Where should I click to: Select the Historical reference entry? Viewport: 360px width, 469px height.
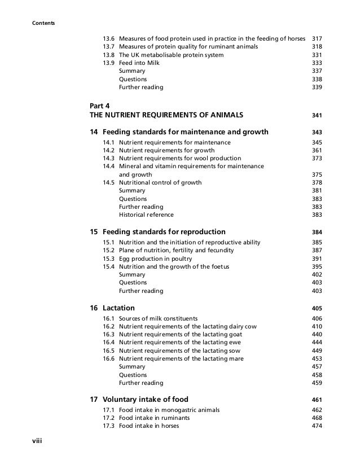click(x=146, y=214)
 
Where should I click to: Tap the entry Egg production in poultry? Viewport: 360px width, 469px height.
click(x=156, y=258)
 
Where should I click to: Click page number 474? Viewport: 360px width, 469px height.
click(x=317, y=426)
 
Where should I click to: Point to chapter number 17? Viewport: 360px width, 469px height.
click(x=94, y=400)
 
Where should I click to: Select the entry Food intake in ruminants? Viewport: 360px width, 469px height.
click(x=154, y=418)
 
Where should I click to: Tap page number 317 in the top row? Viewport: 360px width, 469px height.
click(x=317, y=39)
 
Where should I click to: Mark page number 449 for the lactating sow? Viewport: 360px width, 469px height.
click(x=317, y=350)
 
